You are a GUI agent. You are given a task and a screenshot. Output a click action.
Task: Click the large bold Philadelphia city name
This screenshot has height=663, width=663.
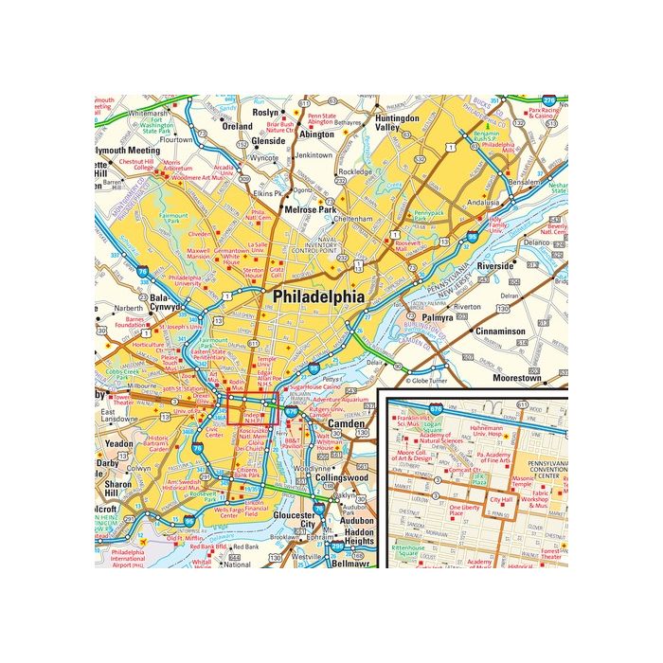(318, 296)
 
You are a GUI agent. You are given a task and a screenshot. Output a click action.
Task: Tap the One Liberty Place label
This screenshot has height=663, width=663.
(463, 511)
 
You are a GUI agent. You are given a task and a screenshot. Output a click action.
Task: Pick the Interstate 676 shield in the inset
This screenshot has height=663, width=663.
(436, 408)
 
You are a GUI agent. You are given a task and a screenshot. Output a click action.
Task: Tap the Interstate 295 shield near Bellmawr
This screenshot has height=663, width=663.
(337, 547)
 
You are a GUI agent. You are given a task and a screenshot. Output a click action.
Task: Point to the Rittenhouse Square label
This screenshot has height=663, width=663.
(409, 549)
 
